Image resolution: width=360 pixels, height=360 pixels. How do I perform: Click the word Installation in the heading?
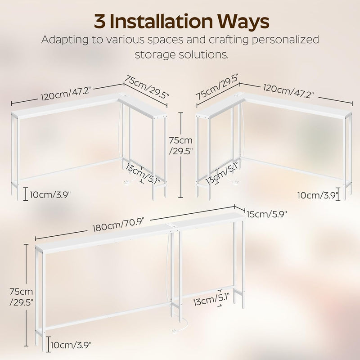pyautogui.click(x=161, y=21)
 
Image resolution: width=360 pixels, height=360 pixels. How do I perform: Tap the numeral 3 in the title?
pyautogui.click(x=99, y=22)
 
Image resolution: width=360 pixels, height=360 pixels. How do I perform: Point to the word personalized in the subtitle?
pyautogui.click(x=285, y=40)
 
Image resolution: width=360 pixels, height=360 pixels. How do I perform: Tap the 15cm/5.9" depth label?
pyautogui.click(x=267, y=214)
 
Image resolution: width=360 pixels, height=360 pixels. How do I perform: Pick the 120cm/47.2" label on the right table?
pyautogui.click(x=288, y=91)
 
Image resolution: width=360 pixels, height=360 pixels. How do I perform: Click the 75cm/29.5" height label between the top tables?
pyautogui.click(x=180, y=145)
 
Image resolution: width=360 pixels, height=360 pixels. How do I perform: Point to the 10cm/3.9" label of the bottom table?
pyautogui.click(x=71, y=344)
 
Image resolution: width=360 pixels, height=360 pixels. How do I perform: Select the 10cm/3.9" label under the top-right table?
pyautogui.click(x=318, y=195)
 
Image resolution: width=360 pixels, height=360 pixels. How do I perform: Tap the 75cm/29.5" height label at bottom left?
pyautogui.click(x=21, y=297)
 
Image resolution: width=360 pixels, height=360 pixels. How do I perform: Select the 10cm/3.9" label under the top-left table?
pyautogui.click(x=50, y=195)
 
